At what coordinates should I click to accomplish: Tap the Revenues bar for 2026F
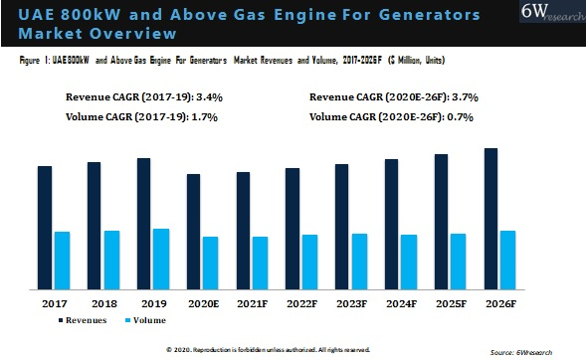tap(490, 219)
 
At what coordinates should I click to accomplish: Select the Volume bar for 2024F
tap(408, 262)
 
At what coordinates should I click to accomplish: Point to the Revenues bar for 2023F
tap(342, 227)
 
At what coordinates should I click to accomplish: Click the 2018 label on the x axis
tap(103, 301)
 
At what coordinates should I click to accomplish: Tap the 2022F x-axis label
tap(301, 301)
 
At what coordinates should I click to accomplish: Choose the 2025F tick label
tap(450, 301)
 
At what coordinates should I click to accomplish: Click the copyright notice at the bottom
tap(269, 350)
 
